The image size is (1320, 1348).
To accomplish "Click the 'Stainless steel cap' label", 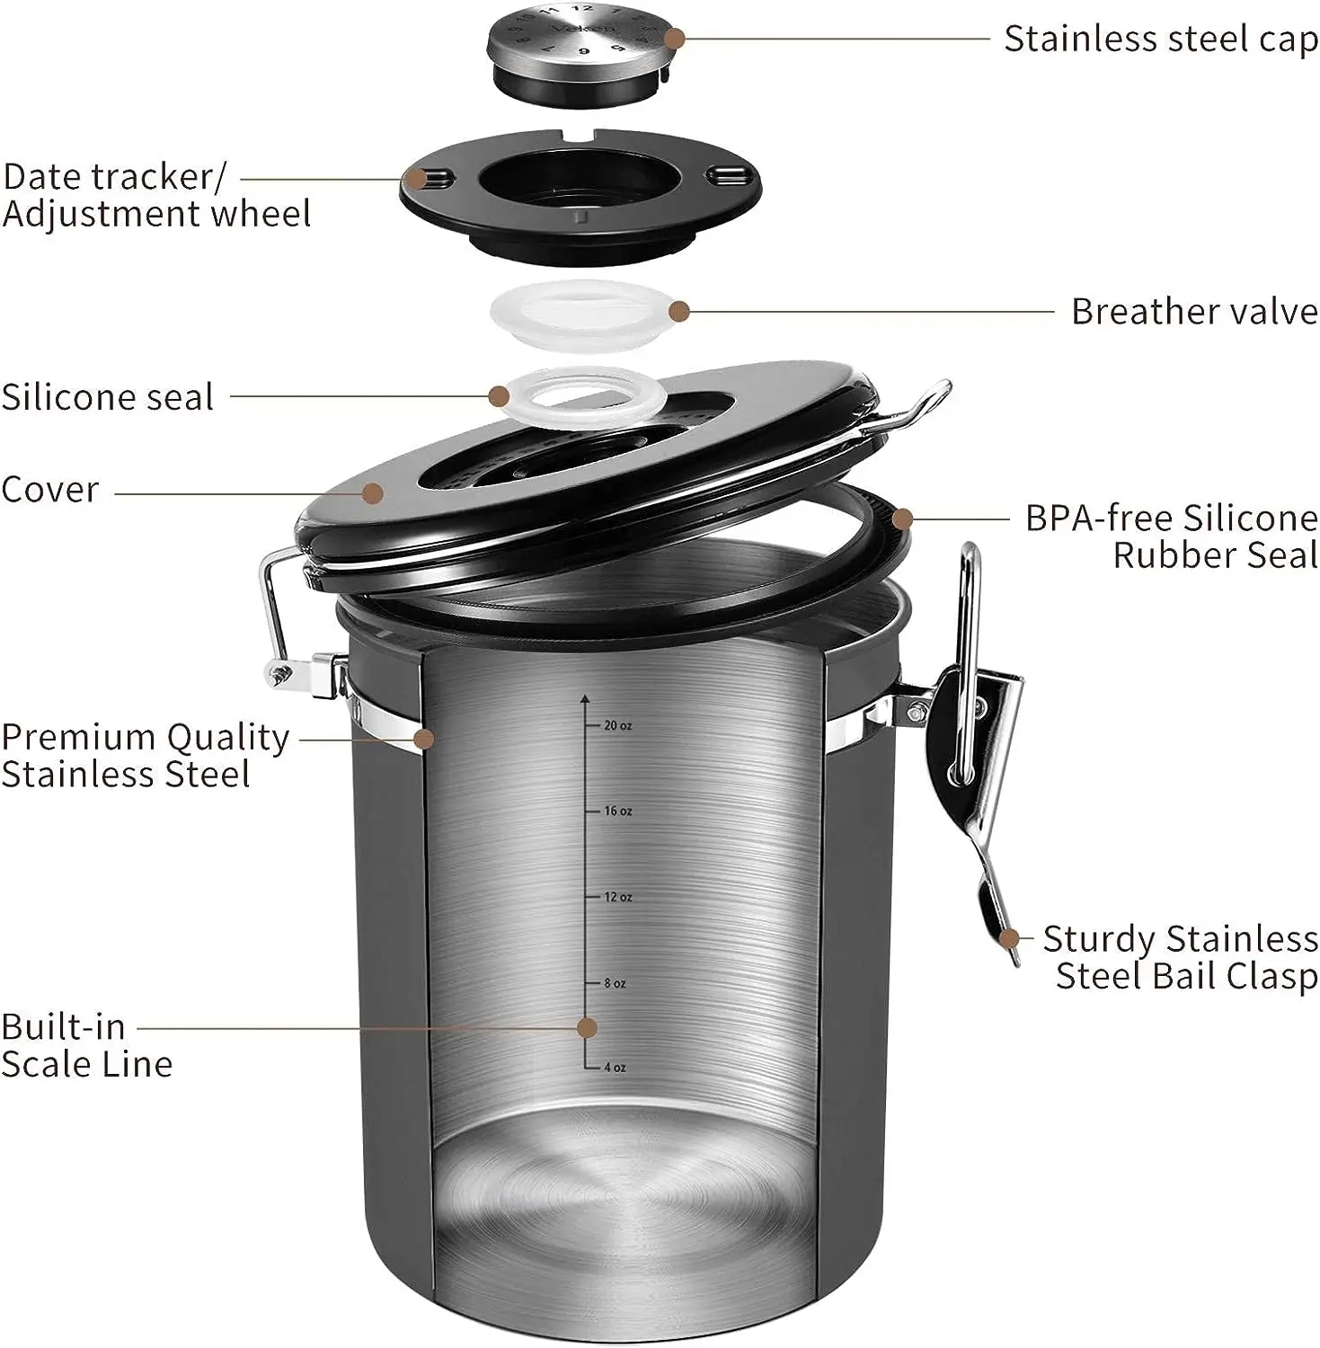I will pos(1160,40).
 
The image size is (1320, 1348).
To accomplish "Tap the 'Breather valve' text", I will pos(1193,312).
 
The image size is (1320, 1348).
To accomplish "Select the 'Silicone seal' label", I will pos(108,397).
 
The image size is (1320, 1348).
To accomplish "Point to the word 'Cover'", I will pos(50,490).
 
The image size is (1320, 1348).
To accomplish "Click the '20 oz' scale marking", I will pos(617,725).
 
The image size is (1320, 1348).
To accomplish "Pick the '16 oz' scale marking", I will pos(617,811).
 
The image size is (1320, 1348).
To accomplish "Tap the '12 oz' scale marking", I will pos(617,897).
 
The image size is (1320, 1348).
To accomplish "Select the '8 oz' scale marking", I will pos(615,983).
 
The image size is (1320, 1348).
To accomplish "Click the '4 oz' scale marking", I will pos(615,1068).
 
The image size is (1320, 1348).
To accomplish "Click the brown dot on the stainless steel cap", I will pos(676,39).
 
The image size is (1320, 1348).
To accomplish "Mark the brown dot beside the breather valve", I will pos(679,312).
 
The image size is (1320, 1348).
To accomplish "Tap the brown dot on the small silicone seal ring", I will pos(500,395).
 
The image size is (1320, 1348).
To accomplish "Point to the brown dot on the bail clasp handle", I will pos(1009,939).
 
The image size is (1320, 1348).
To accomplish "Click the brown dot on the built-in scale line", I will pos(587,1027).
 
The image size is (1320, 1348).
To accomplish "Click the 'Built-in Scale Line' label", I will pos(86,1045).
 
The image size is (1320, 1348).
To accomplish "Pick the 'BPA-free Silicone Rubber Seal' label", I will pos(1172,537).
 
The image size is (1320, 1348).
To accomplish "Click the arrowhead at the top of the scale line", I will pos(585,698).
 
